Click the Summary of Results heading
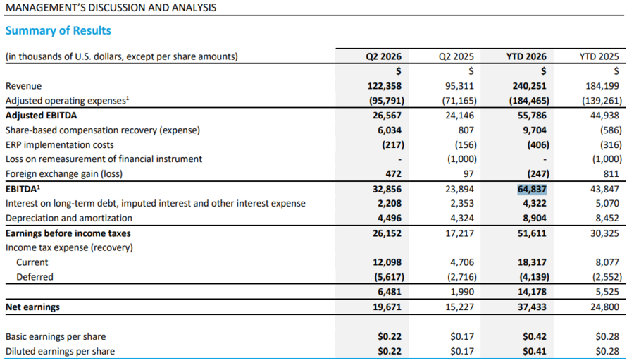(x=58, y=31)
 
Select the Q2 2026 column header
(x=383, y=56)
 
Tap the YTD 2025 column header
(x=599, y=56)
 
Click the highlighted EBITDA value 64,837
(x=532, y=189)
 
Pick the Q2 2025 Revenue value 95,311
(x=459, y=86)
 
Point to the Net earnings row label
(x=32, y=307)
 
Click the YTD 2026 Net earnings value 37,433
(x=532, y=307)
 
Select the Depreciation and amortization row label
(x=69, y=218)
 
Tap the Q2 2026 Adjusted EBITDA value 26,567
(x=387, y=116)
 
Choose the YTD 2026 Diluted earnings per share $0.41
(x=534, y=351)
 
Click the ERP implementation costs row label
(x=59, y=145)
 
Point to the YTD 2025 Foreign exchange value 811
(x=611, y=174)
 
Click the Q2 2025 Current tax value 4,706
(x=461, y=262)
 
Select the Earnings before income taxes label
(x=68, y=233)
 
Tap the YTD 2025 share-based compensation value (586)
(x=611, y=130)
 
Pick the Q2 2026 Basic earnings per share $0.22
(x=390, y=337)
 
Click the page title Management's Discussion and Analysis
(x=111, y=8)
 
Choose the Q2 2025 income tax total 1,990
(x=461, y=292)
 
